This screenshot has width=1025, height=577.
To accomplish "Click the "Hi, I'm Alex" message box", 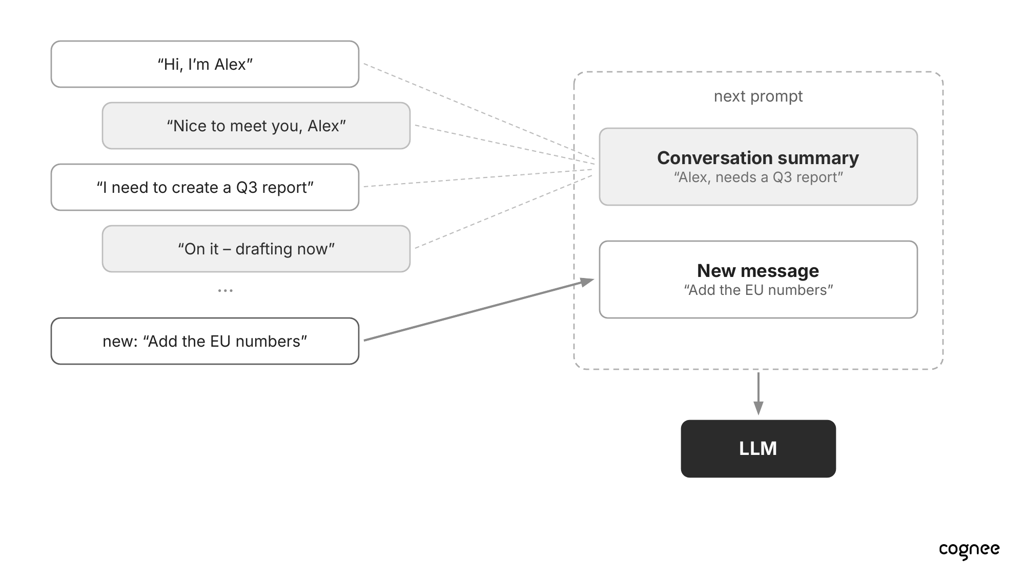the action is tap(205, 64).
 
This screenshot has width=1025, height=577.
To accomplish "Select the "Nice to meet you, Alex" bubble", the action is tap(256, 126).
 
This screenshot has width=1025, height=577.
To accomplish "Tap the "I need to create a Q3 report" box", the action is tap(205, 187).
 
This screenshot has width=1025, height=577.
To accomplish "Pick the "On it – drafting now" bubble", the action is tap(256, 249).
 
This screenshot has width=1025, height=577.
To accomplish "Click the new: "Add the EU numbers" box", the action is tap(205, 341).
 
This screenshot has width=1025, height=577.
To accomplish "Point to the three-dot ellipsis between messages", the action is tap(225, 291).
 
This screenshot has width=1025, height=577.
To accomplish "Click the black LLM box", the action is tap(758, 449).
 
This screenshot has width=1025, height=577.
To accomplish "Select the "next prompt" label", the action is tap(758, 96).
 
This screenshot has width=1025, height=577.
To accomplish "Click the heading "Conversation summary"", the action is tap(758, 158).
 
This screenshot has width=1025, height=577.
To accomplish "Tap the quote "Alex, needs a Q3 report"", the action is tap(758, 177).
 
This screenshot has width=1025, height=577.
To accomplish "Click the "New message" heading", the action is tap(758, 271).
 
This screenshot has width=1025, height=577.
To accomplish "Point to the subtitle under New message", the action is tap(758, 290).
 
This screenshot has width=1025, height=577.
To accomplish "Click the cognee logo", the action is tap(969, 550).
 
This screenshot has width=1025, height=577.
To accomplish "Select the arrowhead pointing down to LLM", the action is tap(758, 408).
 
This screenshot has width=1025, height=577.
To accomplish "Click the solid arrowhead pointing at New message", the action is tap(587, 282).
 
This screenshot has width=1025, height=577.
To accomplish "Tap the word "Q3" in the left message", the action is tap(247, 188).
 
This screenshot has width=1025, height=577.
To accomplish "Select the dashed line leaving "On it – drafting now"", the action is tap(504, 212).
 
